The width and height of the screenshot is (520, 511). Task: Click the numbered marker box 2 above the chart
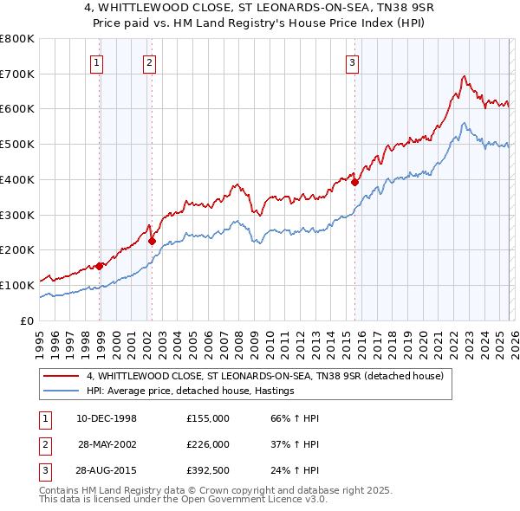click(x=149, y=61)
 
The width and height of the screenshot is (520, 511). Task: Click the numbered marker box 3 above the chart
click(x=353, y=61)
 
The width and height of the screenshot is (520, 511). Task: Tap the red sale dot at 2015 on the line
click(x=355, y=182)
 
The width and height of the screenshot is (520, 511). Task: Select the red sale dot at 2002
click(x=152, y=241)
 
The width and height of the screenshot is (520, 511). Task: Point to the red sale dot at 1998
click(x=100, y=266)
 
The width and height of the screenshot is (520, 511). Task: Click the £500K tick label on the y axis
click(x=17, y=144)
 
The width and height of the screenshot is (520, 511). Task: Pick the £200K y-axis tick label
click(x=17, y=249)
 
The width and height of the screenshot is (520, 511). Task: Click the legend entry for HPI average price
click(x=191, y=391)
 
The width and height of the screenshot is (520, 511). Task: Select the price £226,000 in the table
click(x=208, y=444)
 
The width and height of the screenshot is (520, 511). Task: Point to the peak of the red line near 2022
click(x=464, y=76)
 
